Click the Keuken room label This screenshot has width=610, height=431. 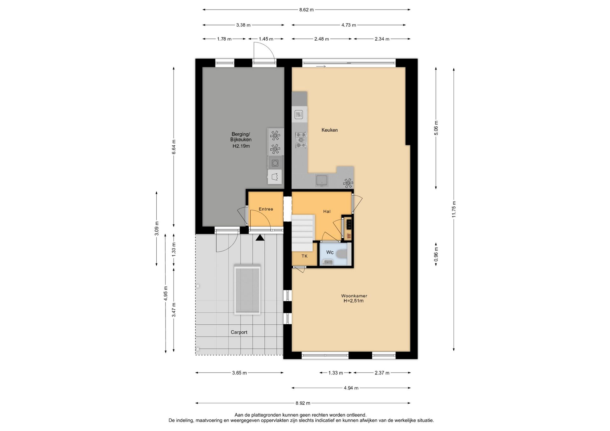329,130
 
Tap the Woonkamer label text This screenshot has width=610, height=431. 354,296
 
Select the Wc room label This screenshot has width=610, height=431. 330,252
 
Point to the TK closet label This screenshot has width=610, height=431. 304,256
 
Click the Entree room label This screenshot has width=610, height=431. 266,209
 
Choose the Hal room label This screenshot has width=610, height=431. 327,211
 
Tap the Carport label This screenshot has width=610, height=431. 239,332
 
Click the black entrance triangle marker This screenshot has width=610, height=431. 260,237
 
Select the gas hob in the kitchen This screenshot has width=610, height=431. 301,140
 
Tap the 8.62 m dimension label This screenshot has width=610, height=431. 306,10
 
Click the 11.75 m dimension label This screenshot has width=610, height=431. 454,209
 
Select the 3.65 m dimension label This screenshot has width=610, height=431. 239,373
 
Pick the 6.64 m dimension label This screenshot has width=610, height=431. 174,147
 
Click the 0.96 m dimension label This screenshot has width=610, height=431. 436,255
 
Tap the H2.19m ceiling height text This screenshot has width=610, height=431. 241,146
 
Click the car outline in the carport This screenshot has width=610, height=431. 247,290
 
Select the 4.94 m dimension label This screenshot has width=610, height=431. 351,388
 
